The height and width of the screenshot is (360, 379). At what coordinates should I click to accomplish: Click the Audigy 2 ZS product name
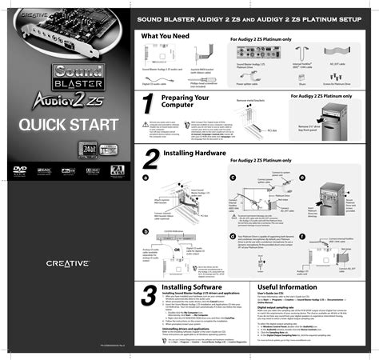pos(64,100)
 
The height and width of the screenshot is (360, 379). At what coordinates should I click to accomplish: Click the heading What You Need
pos(164,37)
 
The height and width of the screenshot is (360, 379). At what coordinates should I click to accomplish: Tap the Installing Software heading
pos(191,286)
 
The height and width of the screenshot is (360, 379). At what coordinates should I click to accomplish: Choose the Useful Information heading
pos(288,286)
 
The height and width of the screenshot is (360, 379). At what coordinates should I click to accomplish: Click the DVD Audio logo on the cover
pos(20,170)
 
